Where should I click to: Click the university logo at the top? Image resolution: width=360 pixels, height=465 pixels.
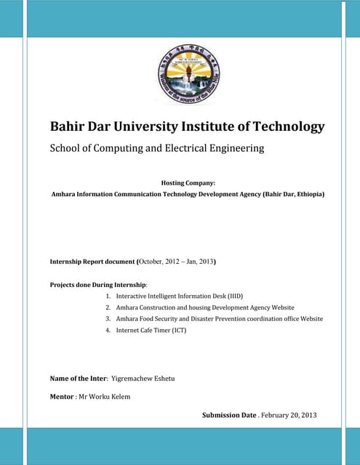tap(188, 73)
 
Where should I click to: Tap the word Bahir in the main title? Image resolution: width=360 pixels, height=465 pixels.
tap(67, 126)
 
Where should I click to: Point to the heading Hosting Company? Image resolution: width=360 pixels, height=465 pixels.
tap(188, 183)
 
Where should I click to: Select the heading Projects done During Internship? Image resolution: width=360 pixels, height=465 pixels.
tap(97, 284)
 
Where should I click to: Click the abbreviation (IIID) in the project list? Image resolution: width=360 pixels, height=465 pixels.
tap(229, 296)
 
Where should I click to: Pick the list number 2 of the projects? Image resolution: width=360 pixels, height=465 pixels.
tap(108, 307)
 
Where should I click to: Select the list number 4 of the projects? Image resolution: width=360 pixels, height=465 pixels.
tap(108, 331)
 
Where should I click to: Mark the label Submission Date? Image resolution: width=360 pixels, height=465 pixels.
tap(229, 415)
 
